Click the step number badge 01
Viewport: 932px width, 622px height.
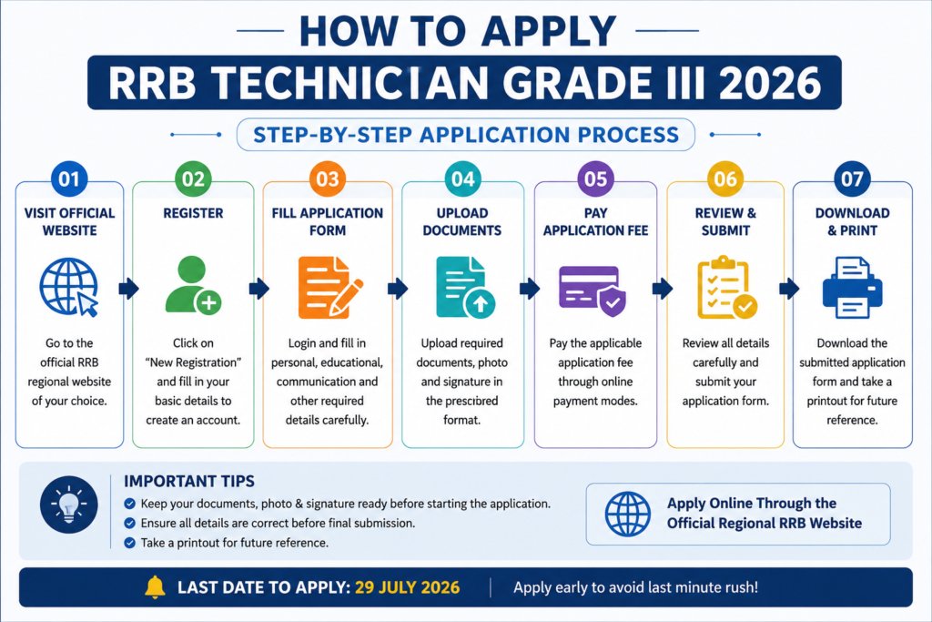tap(69, 179)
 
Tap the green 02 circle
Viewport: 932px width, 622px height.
tap(193, 179)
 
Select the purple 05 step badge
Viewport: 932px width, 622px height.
tap(595, 179)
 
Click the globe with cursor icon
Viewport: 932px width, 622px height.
tap(69, 287)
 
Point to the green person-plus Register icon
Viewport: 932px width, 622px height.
tap(193, 285)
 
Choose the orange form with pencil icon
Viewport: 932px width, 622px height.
tap(329, 287)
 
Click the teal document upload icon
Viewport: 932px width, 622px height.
tap(465, 287)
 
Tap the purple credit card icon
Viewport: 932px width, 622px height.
tap(593, 291)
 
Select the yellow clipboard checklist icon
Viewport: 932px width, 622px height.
tap(727, 288)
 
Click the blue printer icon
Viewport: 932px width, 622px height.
tap(852, 288)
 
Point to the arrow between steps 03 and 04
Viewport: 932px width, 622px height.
tap(398, 289)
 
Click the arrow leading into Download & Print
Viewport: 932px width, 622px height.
tap(789, 289)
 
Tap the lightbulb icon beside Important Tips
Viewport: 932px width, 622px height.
tap(69, 505)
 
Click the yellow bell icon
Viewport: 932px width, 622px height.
tap(155, 586)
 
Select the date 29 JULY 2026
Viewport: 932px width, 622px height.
tap(407, 587)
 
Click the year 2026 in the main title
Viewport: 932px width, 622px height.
tap(770, 83)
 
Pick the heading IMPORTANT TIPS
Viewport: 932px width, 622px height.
tap(189, 481)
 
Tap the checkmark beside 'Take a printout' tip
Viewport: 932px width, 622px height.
tap(129, 543)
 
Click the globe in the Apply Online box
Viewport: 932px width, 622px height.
tap(628, 514)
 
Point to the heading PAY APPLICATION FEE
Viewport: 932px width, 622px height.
tap(595, 222)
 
